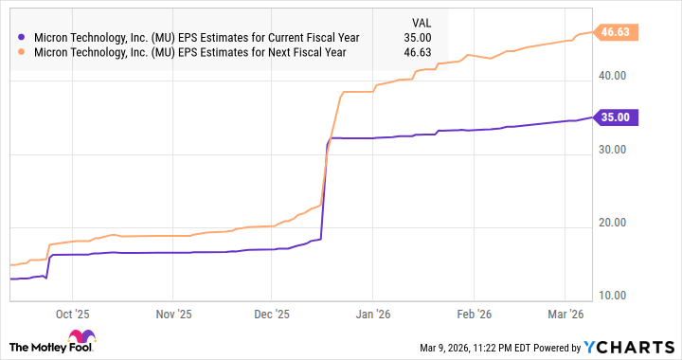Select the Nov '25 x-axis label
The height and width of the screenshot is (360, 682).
(172, 314)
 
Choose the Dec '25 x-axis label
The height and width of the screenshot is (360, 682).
(272, 314)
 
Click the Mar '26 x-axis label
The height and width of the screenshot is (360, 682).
(565, 314)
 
